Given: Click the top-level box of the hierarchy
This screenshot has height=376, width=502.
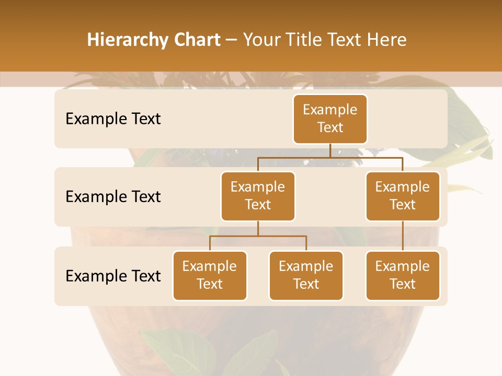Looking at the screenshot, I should [x=330, y=119].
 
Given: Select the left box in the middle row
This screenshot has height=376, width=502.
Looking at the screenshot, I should [x=258, y=196].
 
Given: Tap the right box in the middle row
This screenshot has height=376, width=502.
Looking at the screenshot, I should [x=403, y=196].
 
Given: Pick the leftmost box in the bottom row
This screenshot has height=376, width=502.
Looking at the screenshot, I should [x=210, y=275].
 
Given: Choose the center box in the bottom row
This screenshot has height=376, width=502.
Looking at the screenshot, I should [x=306, y=275].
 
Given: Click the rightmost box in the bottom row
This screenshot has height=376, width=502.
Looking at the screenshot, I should [x=403, y=275].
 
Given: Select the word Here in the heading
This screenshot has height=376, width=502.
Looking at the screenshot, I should [x=387, y=40].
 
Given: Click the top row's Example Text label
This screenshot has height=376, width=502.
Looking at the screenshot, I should [x=113, y=119].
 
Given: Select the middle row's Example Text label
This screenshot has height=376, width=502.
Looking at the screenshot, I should [x=113, y=196].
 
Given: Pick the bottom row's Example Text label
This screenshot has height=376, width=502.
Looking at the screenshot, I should [x=113, y=275].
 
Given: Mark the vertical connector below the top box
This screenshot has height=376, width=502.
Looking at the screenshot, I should [x=330, y=150].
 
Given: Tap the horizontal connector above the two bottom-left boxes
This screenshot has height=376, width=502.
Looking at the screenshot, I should [x=258, y=236].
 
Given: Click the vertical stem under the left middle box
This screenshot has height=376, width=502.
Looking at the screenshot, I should [x=258, y=228].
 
